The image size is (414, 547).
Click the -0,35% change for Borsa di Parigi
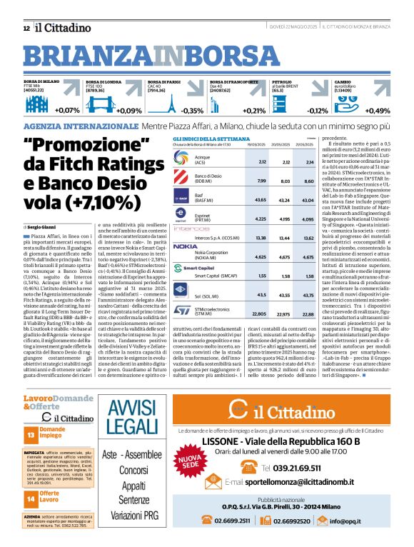coord(192,111)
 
